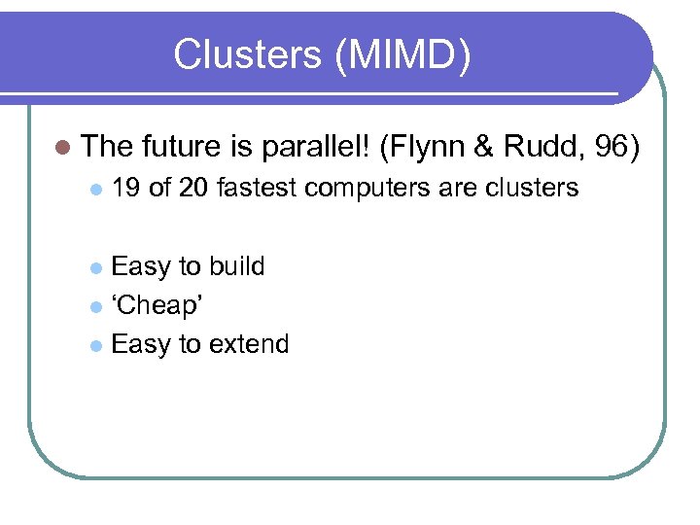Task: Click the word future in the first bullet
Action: (182, 147)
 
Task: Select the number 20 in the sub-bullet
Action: (194, 188)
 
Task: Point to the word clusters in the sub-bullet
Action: (530, 188)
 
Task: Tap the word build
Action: (236, 266)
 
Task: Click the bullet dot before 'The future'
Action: (63, 148)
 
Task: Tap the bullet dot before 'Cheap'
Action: (94, 307)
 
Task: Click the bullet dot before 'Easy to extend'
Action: (94, 346)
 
